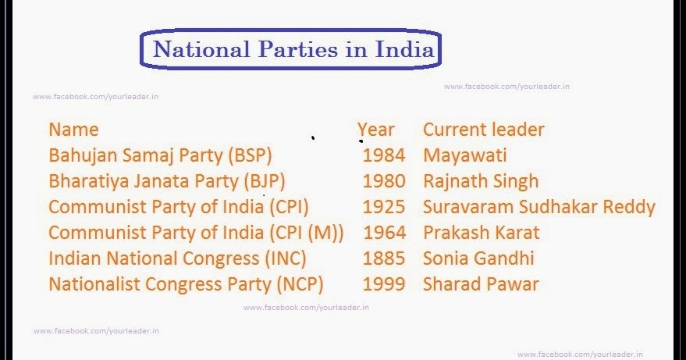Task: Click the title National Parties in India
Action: coord(293,50)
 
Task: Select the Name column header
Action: coord(73,130)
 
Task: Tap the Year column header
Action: coord(376,130)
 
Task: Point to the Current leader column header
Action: coord(483,130)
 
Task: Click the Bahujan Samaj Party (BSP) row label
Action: coord(160,155)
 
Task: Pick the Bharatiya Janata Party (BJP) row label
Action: coord(166,181)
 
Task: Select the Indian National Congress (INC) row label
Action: coord(177,258)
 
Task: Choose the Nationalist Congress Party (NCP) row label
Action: coord(186,283)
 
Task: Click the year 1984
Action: coord(384,155)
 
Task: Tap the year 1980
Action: coord(384,181)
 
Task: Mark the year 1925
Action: coord(384,207)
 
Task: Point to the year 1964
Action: coord(384,232)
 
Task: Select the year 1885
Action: coord(384,258)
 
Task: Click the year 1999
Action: coord(384,283)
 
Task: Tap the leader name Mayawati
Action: coord(465,155)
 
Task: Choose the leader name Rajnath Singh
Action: coord(481,181)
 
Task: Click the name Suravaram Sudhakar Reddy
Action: coord(538,207)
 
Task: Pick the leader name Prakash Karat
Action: coord(482,232)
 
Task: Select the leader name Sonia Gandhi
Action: coord(478,258)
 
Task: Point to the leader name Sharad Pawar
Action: coord(481,283)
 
